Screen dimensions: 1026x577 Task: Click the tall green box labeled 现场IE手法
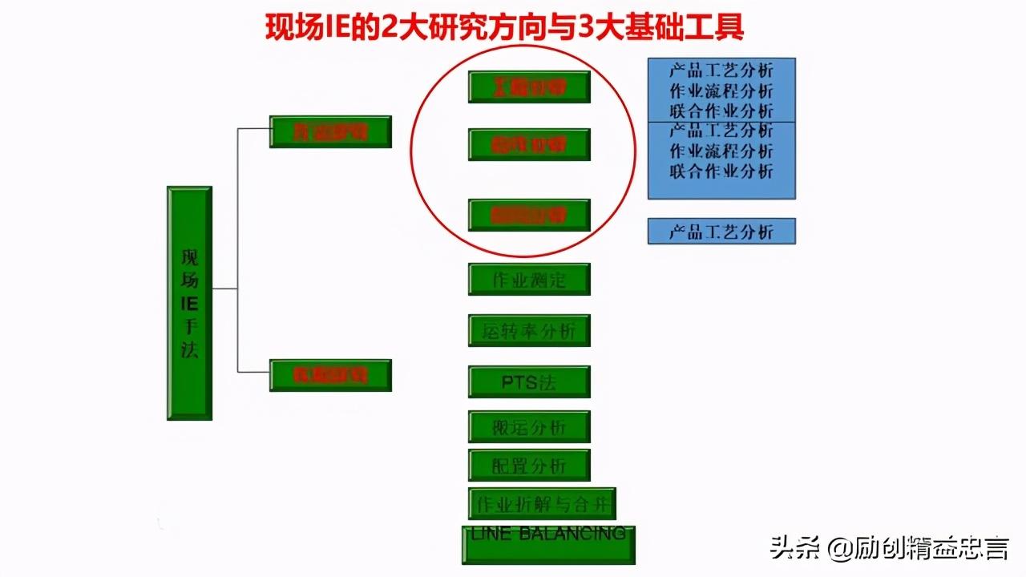coord(189,303)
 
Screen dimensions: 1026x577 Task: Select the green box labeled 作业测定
coord(529,279)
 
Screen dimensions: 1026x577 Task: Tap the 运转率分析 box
coord(529,330)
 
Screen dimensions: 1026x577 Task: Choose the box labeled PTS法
coord(529,381)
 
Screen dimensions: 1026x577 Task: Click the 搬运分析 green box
coord(529,427)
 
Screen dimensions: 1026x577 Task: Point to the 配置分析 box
coord(529,465)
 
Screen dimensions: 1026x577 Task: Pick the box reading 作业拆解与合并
coord(542,503)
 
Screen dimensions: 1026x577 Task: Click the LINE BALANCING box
coord(548,543)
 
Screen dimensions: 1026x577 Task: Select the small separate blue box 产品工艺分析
coord(721,232)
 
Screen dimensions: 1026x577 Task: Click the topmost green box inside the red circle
coord(529,87)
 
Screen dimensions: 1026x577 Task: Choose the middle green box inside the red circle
coord(529,144)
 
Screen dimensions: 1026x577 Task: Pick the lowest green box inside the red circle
coord(529,215)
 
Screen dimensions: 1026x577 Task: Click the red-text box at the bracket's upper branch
coord(330,131)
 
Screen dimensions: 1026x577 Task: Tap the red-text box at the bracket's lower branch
coord(330,375)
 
